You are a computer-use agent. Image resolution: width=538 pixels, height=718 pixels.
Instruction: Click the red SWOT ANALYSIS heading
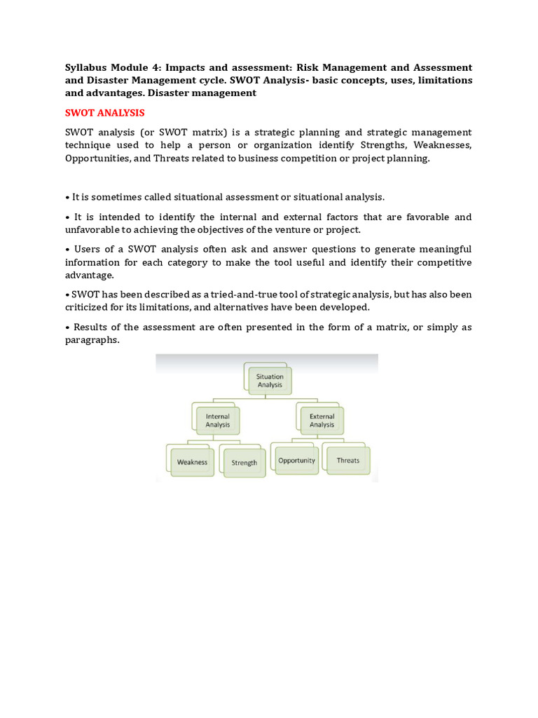click(x=104, y=112)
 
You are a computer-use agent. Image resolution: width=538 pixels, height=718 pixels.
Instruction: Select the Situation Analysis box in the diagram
click(x=270, y=381)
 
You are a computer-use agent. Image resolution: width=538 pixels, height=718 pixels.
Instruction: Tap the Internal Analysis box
click(x=217, y=421)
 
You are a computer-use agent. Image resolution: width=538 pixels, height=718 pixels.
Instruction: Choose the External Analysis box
click(x=322, y=421)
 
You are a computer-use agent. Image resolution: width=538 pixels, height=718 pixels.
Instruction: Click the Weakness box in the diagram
click(x=192, y=462)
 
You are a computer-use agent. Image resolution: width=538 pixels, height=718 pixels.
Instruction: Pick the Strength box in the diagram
click(x=244, y=463)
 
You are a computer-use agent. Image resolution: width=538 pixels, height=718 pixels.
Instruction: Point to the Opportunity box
click(x=297, y=461)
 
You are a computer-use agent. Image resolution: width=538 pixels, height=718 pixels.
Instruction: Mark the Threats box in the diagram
click(x=347, y=461)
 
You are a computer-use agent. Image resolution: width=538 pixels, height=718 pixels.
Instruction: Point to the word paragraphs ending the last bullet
click(x=92, y=340)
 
